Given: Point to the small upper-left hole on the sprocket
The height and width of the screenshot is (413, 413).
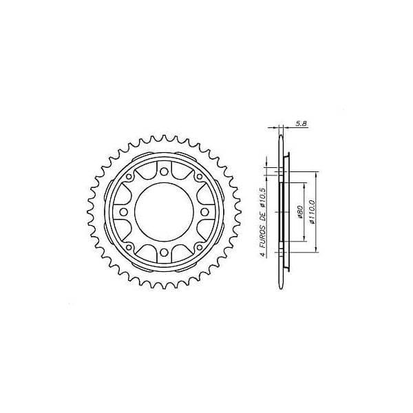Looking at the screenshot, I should [129, 178].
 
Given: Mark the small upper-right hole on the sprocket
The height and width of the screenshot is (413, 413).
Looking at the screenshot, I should [200, 178].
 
